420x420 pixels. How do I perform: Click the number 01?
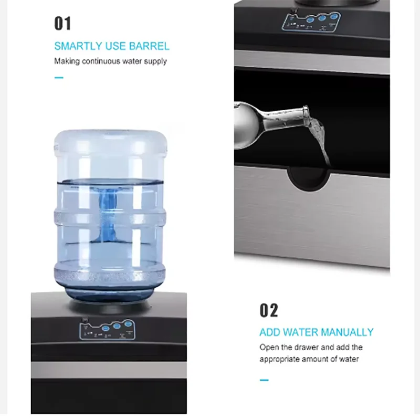62,24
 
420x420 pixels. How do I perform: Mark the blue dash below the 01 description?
59,78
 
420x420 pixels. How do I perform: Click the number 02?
269,310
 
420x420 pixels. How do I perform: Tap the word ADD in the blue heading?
270,332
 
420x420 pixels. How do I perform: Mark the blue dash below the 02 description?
264,380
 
